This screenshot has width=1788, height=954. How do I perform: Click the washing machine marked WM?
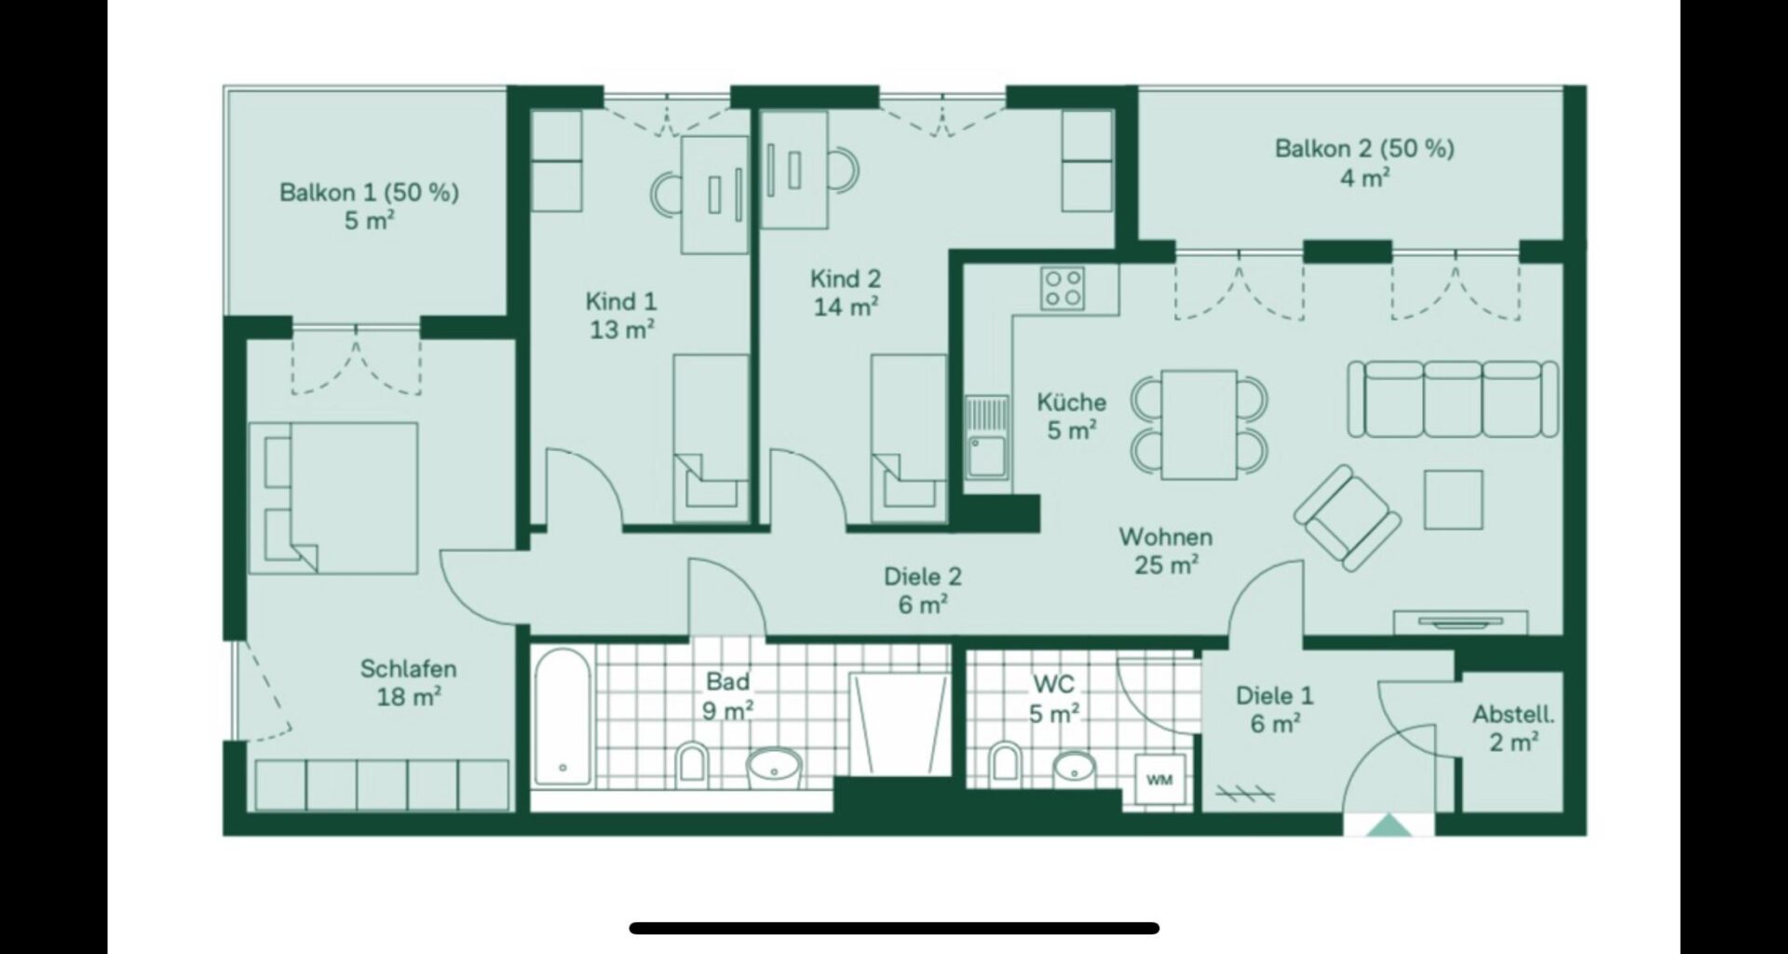point(1158,779)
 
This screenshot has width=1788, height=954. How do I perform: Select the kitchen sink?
point(987,437)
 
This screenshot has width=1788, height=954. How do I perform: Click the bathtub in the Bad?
point(562,716)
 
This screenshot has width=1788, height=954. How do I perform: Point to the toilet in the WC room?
point(1004,761)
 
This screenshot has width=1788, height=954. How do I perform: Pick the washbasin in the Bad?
point(774,767)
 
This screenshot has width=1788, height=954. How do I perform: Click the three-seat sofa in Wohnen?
point(1453,399)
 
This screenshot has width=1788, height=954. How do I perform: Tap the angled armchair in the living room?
point(1347,518)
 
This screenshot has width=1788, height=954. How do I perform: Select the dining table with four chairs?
point(1199,425)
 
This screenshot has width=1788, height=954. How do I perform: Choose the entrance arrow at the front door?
point(1388,825)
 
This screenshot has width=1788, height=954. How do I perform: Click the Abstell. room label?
point(1513,715)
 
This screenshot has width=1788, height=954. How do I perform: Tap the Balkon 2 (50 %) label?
point(1364,149)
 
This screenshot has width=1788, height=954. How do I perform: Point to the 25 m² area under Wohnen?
point(1166,565)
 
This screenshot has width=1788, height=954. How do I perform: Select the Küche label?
point(1072,402)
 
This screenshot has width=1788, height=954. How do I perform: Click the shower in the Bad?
point(900,725)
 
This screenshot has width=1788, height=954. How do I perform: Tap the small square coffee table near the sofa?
point(1453,499)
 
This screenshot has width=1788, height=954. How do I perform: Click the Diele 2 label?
point(923,578)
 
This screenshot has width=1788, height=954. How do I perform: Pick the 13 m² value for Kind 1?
point(622,329)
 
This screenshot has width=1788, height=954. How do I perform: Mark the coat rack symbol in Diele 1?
point(1245,793)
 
